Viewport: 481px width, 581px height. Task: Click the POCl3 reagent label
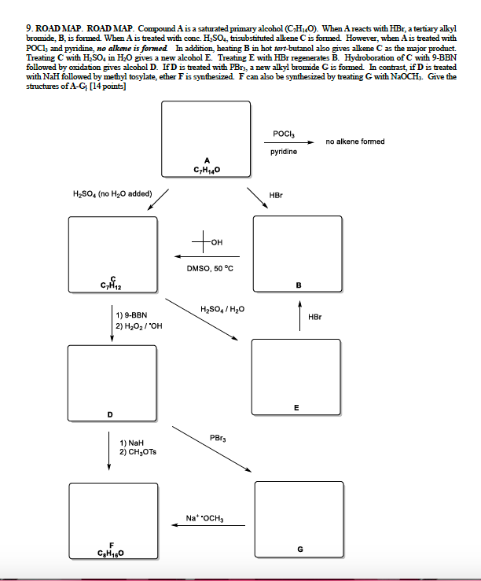point(284,134)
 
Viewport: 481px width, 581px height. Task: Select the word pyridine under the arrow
point(284,151)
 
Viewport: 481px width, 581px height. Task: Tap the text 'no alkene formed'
point(355,142)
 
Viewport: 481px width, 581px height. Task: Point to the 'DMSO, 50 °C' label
point(210,268)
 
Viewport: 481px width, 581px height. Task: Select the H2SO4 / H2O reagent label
point(222,309)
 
